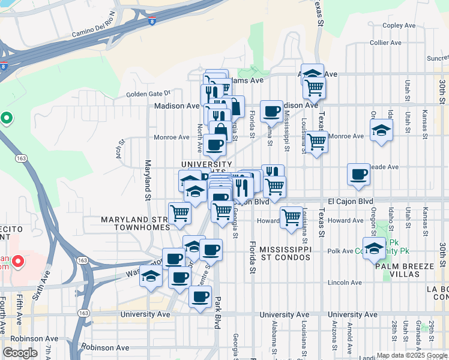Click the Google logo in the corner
pyautogui.click(x=20, y=353)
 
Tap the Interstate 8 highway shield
pyautogui.click(x=152, y=21)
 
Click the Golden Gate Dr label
pyautogui.click(x=149, y=94)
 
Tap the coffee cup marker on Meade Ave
pyautogui.click(x=358, y=174)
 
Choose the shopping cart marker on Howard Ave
pyautogui.click(x=291, y=217)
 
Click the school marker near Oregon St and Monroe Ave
pyautogui.click(x=381, y=131)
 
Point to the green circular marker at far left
pyautogui.click(x=7, y=118)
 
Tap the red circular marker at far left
pyautogui.click(x=18, y=262)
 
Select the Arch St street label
pyautogui.click(x=120, y=148)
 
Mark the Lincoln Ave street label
pyautogui.click(x=345, y=282)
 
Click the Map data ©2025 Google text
pyautogui.click(x=412, y=355)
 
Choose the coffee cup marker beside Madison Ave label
pyautogui.click(x=272, y=111)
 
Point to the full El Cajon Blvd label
pyautogui.click(x=351, y=201)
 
